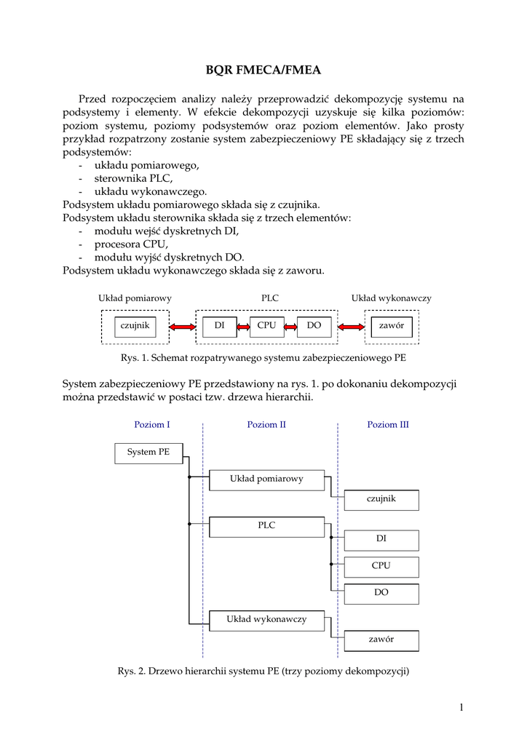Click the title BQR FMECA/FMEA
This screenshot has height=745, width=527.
[x=263, y=71]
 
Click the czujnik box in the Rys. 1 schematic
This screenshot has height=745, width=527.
[x=135, y=326]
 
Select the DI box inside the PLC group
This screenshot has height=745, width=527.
[x=218, y=326]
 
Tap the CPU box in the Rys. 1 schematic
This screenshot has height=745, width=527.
[x=266, y=326]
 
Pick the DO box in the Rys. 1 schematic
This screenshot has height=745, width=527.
[x=314, y=326]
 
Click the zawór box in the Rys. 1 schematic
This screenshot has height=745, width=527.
[x=392, y=326]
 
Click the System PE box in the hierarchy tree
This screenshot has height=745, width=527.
[x=148, y=453]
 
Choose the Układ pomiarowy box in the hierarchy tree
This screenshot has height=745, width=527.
[x=266, y=479]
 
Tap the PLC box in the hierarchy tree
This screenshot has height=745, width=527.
[x=266, y=526]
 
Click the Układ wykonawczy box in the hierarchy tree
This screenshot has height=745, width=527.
[x=266, y=620]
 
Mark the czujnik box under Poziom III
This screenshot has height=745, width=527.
[x=381, y=500]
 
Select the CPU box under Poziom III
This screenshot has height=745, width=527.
[x=381, y=566]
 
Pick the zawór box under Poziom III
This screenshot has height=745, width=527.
[x=381, y=640]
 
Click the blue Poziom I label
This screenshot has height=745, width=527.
[x=152, y=425]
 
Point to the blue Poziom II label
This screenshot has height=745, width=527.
[x=266, y=425]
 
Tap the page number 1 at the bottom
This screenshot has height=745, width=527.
[x=461, y=706]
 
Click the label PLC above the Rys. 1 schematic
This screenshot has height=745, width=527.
[x=269, y=298]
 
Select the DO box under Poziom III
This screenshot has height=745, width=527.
[x=381, y=593]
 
